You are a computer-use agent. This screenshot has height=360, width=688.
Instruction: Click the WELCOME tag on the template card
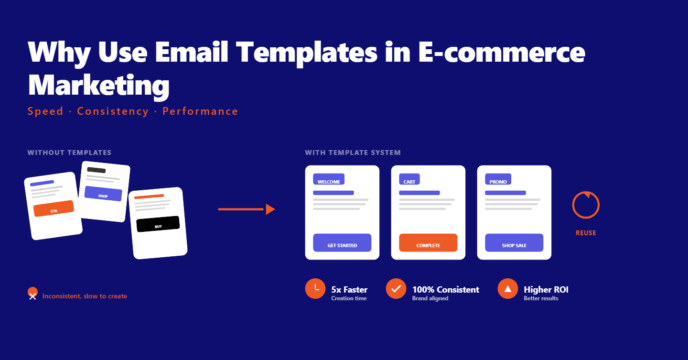tap(329, 179)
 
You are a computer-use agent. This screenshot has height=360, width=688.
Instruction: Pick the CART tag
tap(409, 179)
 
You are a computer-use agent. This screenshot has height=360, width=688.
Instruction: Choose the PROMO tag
tap(498, 179)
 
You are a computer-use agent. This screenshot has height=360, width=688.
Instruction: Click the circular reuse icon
tap(586, 206)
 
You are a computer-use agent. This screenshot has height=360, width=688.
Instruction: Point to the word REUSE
tap(586, 233)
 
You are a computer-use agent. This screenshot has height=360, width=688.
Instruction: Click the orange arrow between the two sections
tap(247, 209)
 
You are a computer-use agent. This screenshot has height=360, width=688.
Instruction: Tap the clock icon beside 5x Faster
tap(315, 288)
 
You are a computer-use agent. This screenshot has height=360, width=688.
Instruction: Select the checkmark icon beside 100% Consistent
tap(396, 288)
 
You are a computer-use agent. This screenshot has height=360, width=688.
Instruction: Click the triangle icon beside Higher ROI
tap(508, 288)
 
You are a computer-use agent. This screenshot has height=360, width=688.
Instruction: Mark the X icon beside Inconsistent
tap(32, 295)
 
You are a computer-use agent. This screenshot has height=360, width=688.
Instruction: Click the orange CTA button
tap(54, 208)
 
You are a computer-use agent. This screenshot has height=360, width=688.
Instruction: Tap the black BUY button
tap(158, 224)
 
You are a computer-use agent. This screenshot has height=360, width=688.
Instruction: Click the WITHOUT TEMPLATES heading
tap(69, 153)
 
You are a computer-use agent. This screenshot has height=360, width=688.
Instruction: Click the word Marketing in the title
tap(99, 85)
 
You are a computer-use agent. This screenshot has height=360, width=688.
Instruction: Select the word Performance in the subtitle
tap(200, 111)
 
